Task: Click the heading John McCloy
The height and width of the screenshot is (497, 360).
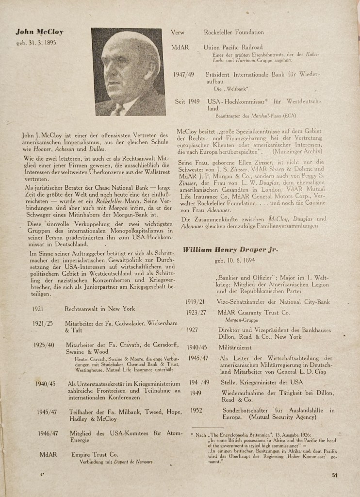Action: click(39, 33)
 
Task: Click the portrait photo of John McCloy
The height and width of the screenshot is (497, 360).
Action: click(129, 71)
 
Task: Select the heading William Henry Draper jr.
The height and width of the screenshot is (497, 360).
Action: click(230, 249)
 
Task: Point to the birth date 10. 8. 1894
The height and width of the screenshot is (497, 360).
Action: click(236, 261)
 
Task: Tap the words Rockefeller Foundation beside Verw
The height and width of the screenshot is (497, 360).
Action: click(234, 33)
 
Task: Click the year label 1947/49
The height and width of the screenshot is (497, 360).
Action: click(183, 75)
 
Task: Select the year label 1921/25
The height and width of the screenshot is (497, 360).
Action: click(43, 323)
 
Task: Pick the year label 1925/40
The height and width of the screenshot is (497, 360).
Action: click(43, 346)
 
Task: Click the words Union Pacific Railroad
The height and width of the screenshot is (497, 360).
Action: click(233, 48)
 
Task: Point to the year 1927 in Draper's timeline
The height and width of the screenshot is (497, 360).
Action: click(193, 330)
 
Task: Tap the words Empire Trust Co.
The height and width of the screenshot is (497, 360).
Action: click(95, 455)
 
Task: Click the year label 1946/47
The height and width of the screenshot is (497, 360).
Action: click(48, 433)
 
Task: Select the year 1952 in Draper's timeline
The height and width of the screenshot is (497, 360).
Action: click(196, 410)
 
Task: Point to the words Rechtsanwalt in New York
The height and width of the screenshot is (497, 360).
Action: click(101, 309)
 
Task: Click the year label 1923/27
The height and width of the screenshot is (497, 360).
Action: click(196, 313)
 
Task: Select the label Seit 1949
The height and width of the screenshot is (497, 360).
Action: click(187, 102)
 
